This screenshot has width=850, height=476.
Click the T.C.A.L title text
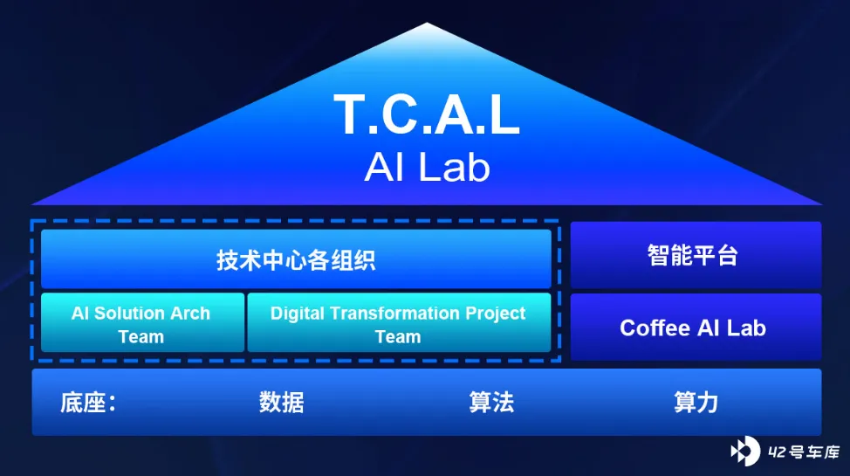[427, 114]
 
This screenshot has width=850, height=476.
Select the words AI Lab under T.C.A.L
[427, 167]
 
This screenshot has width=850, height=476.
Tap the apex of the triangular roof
[427, 23]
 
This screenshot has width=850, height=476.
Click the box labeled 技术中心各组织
[296, 259]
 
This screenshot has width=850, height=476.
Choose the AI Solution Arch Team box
[142, 322]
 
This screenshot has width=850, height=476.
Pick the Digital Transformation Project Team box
[399, 322]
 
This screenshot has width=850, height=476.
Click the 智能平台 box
[696, 254]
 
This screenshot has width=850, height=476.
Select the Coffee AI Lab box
[696, 328]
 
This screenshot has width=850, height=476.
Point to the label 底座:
[88, 402]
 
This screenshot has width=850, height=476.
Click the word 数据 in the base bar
[281, 402]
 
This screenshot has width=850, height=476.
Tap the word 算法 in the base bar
[491, 402]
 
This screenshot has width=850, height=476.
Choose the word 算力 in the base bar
[696, 402]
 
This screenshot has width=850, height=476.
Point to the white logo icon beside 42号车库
[745, 451]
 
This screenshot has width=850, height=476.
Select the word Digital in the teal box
[297, 314]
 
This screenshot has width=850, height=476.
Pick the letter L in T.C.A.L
[504, 114]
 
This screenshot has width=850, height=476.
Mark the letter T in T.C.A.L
[352, 114]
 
